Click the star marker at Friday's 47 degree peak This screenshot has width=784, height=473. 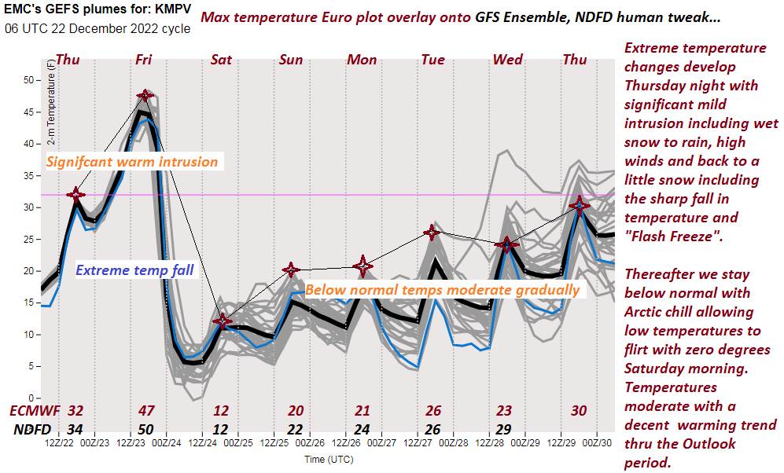[x=145, y=96]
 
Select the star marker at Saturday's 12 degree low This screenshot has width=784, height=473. [x=223, y=321]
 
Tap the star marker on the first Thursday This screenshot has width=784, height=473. [x=75, y=194]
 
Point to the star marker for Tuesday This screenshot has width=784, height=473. [x=431, y=232]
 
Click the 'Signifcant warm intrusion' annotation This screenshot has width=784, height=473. [x=132, y=162]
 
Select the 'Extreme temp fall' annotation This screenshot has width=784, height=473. [x=134, y=271]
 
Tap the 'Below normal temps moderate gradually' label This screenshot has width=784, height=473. [x=442, y=290]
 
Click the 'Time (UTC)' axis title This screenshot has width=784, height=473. [x=329, y=458]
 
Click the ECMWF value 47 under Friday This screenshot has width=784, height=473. [x=146, y=410]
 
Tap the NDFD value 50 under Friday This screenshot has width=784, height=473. [x=146, y=430]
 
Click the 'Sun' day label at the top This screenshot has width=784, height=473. [x=291, y=60]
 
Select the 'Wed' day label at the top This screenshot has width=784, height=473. [x=508, y=60]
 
